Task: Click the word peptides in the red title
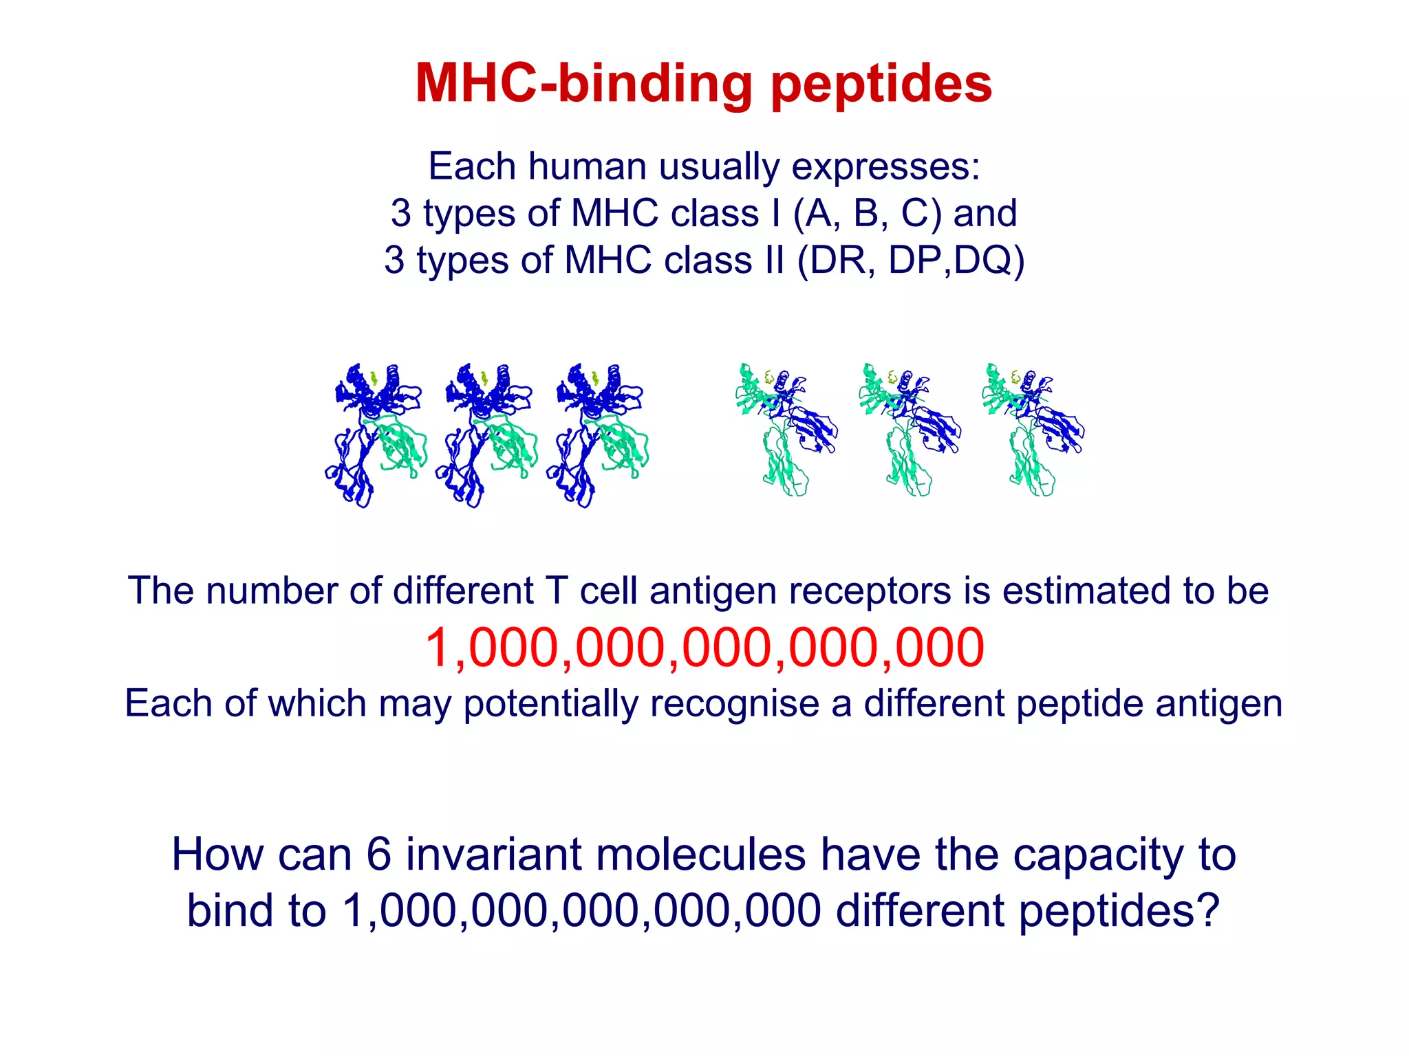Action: [x=881, y=84]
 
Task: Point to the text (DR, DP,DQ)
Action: [x=910, y=260]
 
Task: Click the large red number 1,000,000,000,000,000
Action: [x=704, y=648]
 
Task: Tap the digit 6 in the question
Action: [x=378, y=855]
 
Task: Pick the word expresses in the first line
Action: [x=886, y=166]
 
